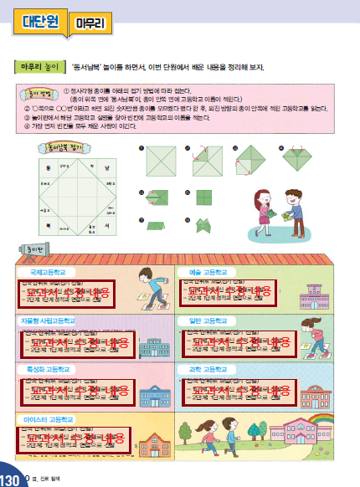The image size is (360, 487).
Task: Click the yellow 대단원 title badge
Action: tap(36, 23)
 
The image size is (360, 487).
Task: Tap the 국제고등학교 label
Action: tap(46, 272)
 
